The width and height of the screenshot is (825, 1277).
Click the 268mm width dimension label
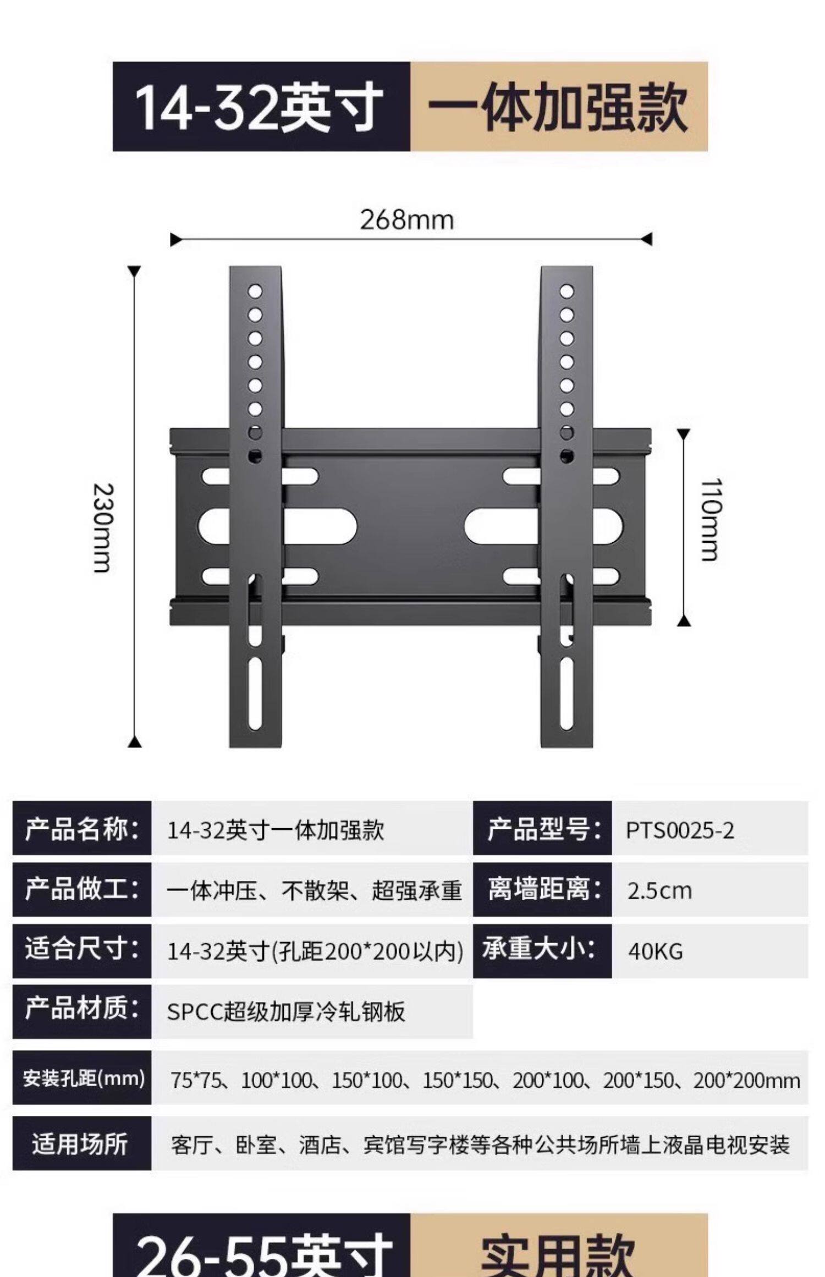407,220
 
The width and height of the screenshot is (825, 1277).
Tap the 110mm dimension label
710,520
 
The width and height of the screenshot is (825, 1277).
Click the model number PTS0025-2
680,830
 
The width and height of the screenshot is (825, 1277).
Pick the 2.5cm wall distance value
659,890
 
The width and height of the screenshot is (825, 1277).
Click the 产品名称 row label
81,829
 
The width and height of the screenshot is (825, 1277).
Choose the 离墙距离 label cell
542,889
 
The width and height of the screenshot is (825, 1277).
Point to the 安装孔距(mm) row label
82,1078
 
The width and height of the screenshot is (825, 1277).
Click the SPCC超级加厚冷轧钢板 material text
286,1011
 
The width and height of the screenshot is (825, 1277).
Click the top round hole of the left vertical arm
255,291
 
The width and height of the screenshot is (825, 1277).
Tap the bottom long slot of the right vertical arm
566,693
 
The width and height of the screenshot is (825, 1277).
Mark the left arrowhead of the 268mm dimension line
175,239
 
